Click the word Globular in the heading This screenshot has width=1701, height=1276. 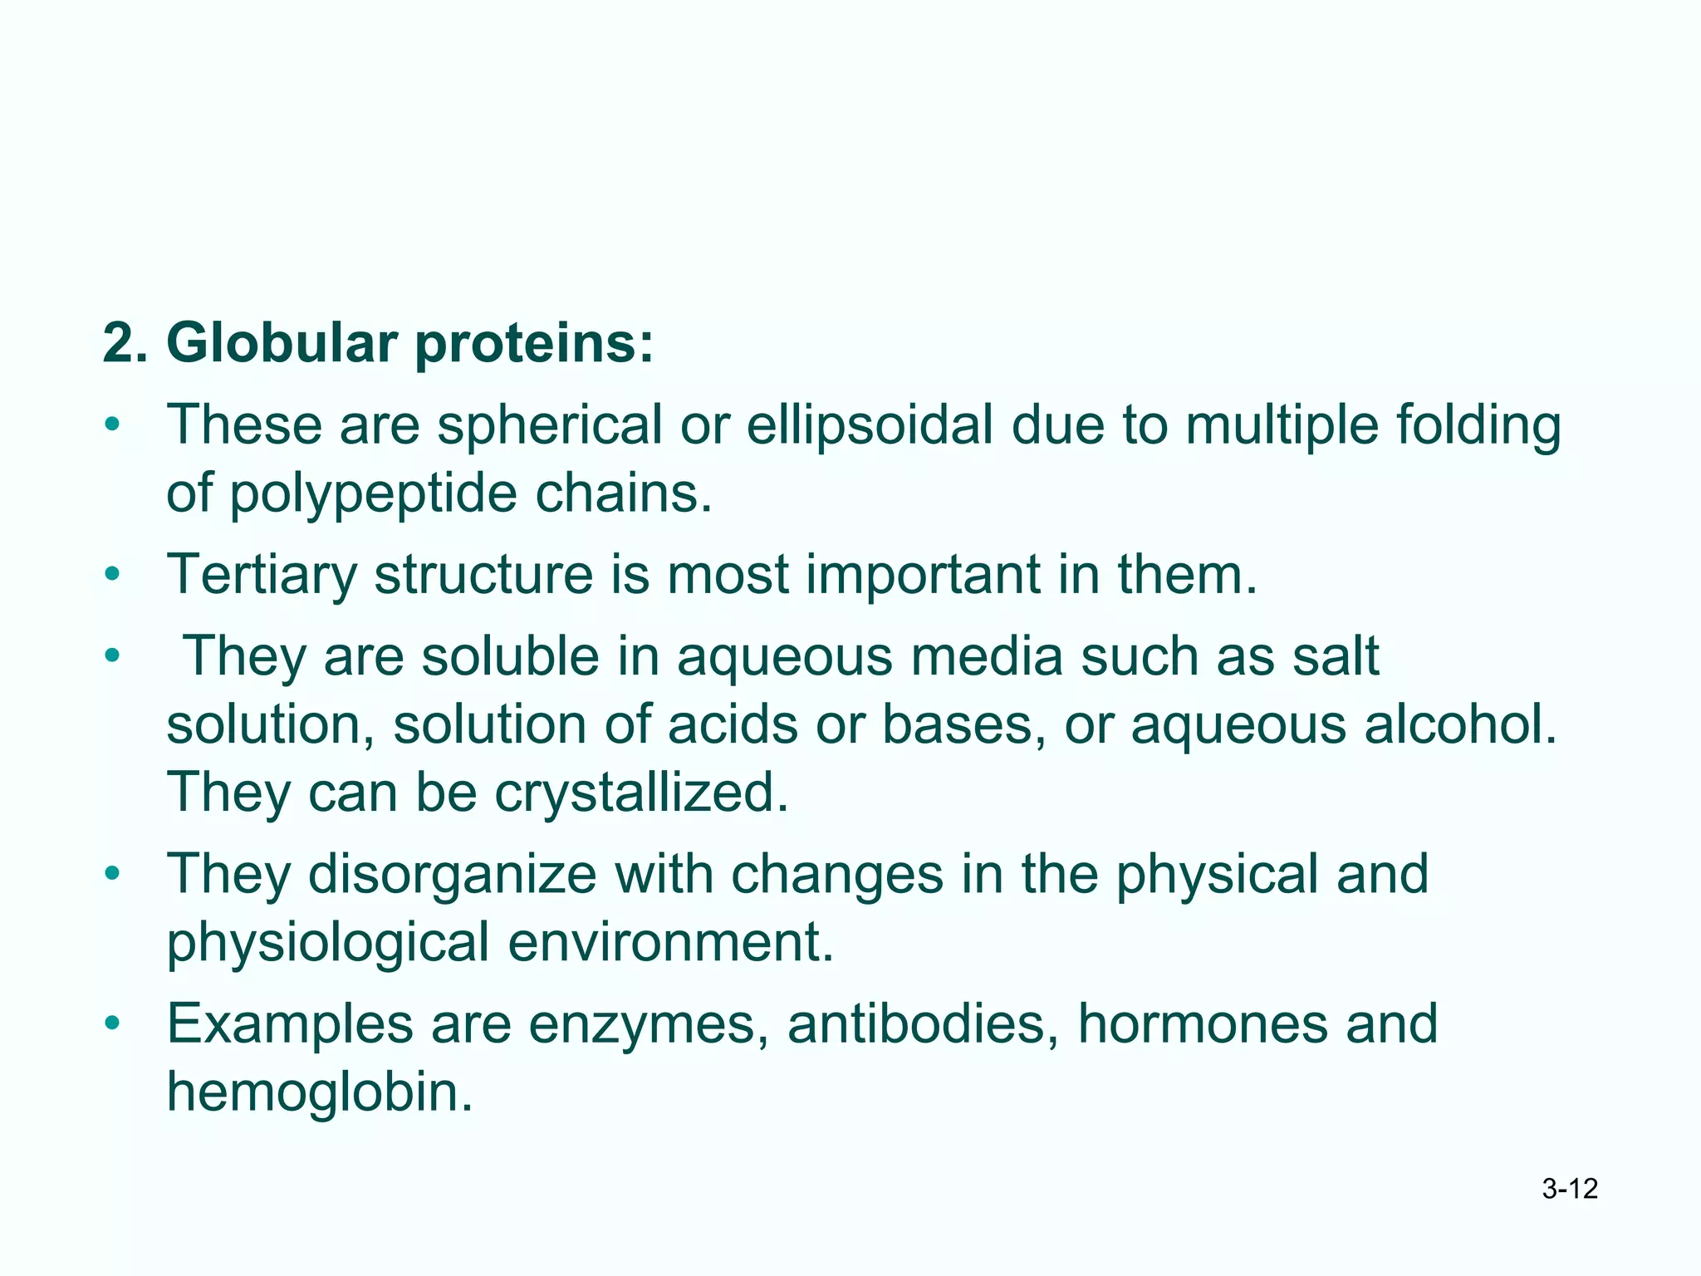[x=281, y=343]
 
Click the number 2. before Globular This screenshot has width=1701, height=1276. [x=125, y=343]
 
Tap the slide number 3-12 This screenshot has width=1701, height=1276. [x=1570, y=1189]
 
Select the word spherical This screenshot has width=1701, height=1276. [x=549, y=425]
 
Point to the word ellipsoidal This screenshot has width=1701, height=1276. [x=869, y=425]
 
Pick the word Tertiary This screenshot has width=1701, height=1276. [x=262, y=575]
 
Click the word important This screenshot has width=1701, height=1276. [x=923, y=575]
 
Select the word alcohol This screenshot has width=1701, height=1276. [x=1461, y=724]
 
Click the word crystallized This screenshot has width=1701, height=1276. [x=641, y=793]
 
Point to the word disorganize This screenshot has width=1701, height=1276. [x=452, y=874]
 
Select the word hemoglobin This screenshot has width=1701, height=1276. [x=320, y=1092]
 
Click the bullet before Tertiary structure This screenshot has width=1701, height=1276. [x=113, y=575]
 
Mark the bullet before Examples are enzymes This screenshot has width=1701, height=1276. [x=113, y=1023]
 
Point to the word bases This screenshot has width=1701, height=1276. [x=963, y=724]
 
